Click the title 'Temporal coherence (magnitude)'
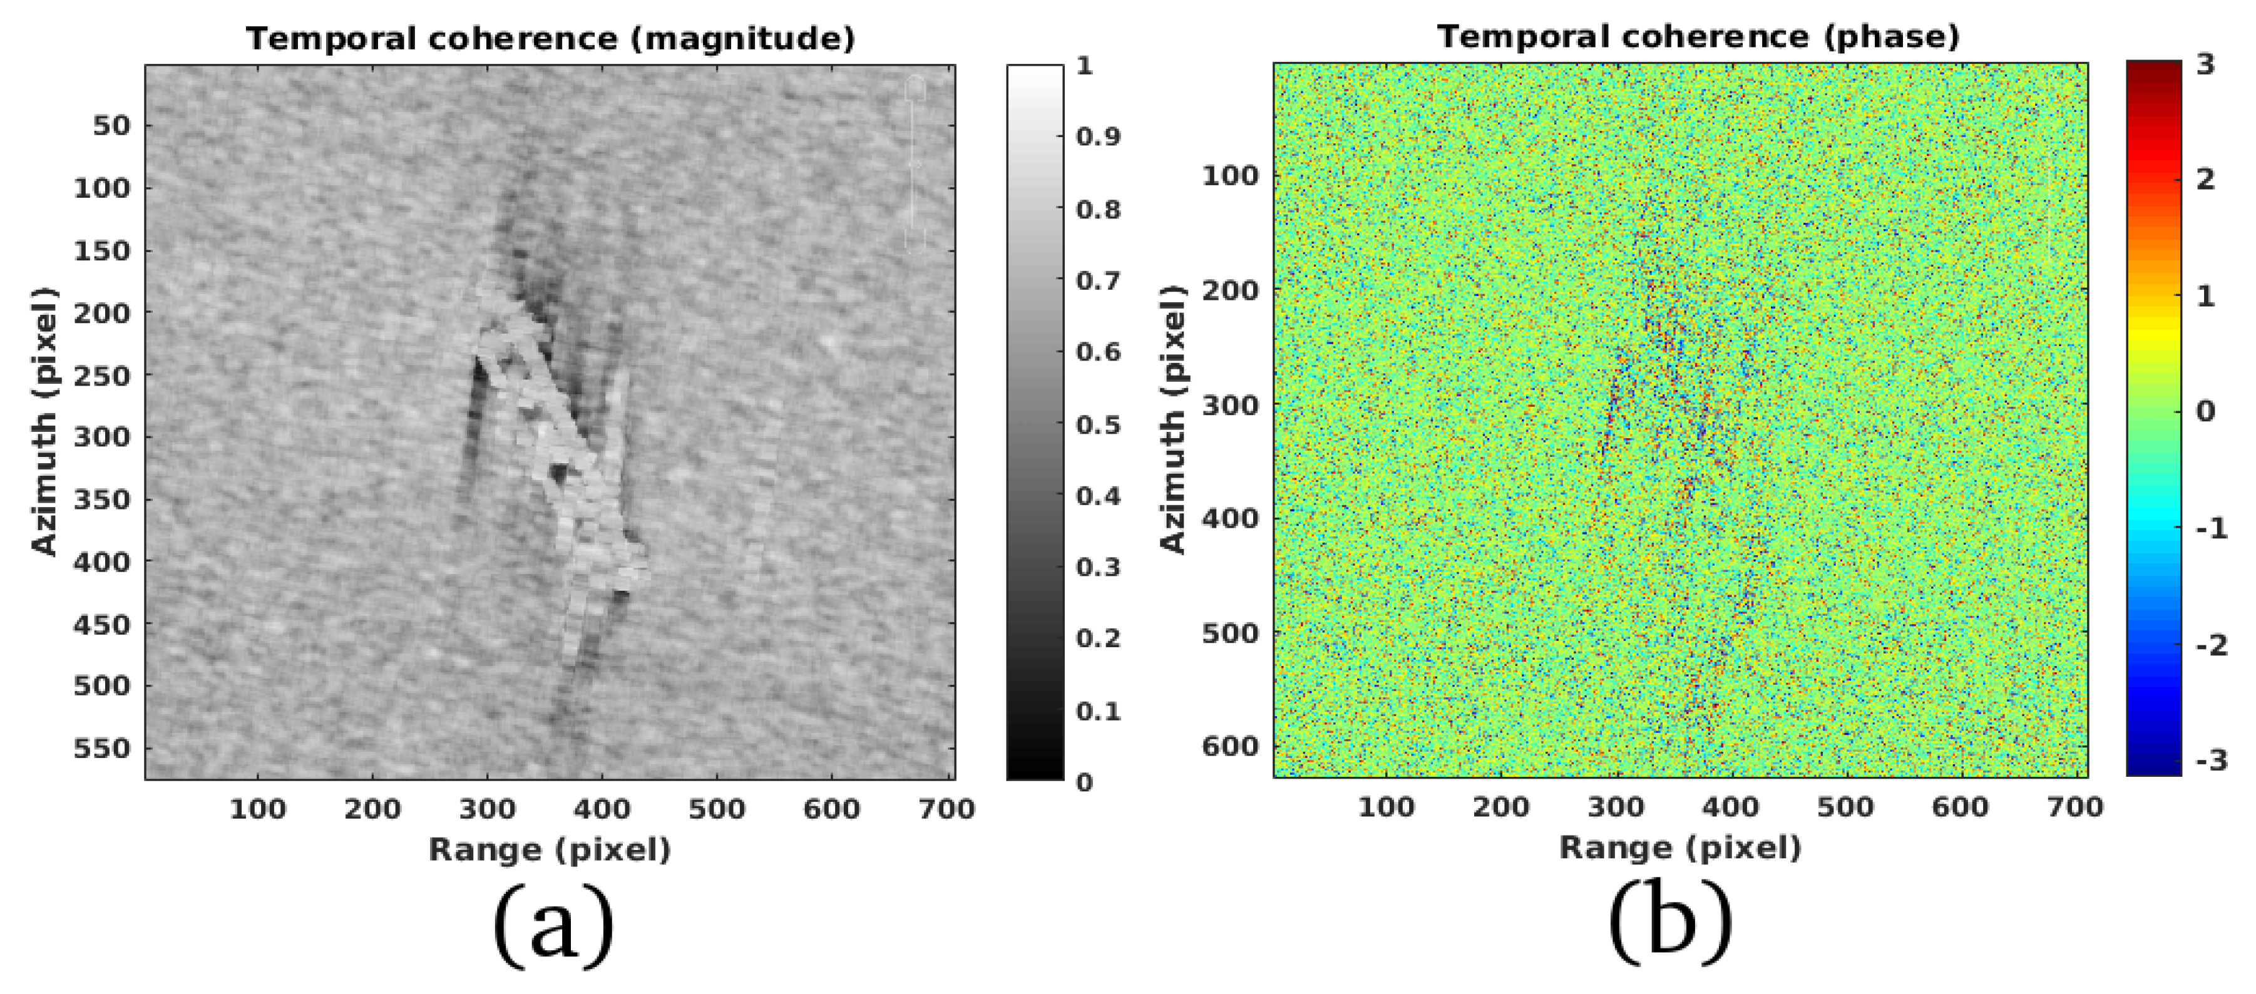point(550,39)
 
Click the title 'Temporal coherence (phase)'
point(1697,38)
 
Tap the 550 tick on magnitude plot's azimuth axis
point(100,749)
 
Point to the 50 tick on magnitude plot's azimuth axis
point(111,125)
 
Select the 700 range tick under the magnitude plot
point(946,809)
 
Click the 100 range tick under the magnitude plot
point(257,809)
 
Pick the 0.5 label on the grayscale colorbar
point(1098,425)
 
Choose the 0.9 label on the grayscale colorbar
point(1098,136)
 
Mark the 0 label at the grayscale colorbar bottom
point(1084,782)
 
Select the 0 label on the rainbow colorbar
point(2205,411)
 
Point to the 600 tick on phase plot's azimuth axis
point(1229,746)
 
